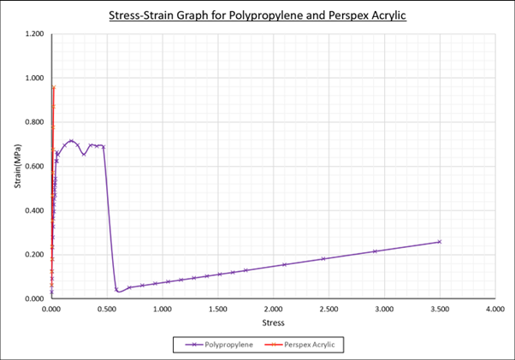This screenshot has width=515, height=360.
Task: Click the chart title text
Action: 257,16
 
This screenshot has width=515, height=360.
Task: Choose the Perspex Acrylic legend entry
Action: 305,344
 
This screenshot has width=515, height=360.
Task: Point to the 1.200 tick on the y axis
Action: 33,34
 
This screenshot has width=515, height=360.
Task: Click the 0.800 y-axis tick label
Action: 33,122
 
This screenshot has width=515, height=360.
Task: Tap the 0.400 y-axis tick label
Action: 33,210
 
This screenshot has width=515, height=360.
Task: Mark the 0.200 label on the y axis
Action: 33,255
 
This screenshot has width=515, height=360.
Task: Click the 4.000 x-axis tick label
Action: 494,308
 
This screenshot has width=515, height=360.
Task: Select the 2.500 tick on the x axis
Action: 329,308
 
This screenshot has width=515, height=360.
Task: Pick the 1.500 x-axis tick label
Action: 218,308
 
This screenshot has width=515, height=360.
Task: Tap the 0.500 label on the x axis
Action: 107,308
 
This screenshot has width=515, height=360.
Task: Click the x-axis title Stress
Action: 273,323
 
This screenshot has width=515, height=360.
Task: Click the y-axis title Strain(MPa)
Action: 16,167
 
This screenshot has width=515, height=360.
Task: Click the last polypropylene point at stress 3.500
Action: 440,242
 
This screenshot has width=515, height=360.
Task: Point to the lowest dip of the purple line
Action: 117,291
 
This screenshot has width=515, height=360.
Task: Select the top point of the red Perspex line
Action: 54,87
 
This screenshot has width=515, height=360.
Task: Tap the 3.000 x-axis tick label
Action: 384,308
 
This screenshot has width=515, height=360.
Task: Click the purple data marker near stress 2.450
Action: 323,258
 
